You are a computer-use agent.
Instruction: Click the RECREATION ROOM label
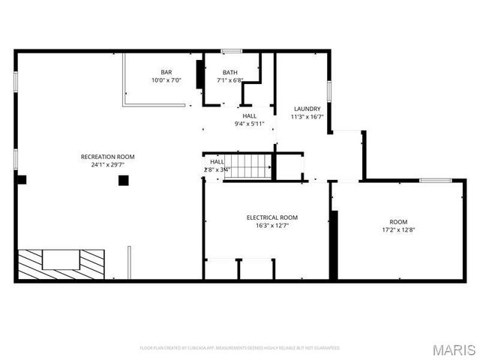pyautogui.click(x=107, y=156)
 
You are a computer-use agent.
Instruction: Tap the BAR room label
pyautogui.click(x=166, y=72)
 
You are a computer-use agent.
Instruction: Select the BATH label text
pyautogui.click(x=229, y=72)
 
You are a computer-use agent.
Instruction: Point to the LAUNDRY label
pyautogui.click(x=307, y=109)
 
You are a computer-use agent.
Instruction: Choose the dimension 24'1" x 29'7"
pyautogui.click(x=107, y=164)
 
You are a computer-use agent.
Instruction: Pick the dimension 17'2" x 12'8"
pyautogui.click(x=398, y=229)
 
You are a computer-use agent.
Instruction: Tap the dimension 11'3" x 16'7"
pyautogui.click(x=307, y=117)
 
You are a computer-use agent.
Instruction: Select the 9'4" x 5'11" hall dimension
pyautogui.click(x=249, y=124)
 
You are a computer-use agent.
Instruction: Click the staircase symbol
pyautogui.click(x=250, y=166)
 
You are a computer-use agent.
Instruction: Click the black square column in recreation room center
pyautogui.click(x=123, y=179)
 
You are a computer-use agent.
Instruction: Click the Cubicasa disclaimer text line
pyautogui.click(x=240, y=348)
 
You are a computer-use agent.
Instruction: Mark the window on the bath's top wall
pyautogui.click(x=231, y=51)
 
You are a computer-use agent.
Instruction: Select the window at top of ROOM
pyautogui.click(x=435, y=180)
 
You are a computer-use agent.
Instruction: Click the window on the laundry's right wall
pyautogui.click(x=329, y=94)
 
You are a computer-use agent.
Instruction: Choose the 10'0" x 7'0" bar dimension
pyautogui.click(x=166, y=80)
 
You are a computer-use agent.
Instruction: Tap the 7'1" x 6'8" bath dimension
pyautogui.click(x=229, y=80)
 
